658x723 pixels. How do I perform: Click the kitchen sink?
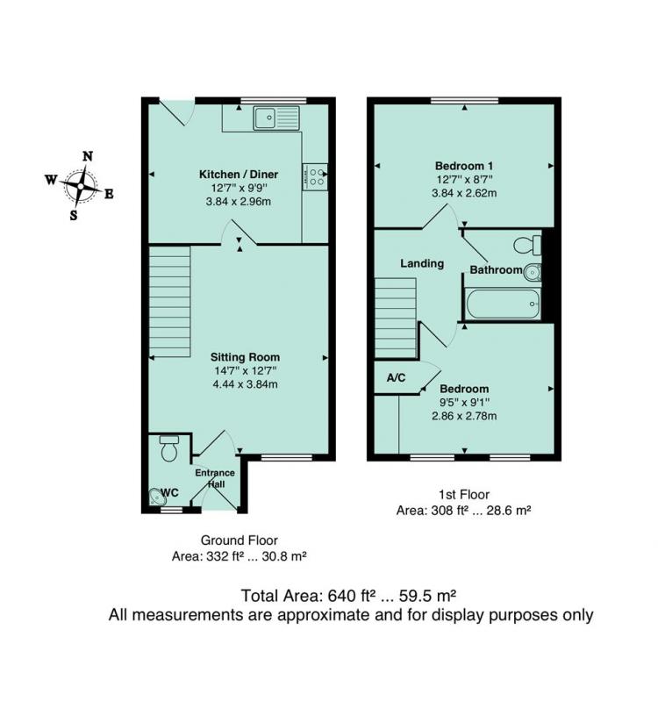coord(275,118)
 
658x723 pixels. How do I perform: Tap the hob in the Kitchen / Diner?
coord(315,176)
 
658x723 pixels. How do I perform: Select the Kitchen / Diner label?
coord(239,175)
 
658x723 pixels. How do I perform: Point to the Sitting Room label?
coord(245,357)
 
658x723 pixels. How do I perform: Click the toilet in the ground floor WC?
coord(168,447)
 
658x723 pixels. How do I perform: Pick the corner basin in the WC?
coord(157,496)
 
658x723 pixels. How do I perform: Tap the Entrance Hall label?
coord(215,478)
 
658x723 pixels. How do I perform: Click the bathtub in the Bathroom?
coord(503,304)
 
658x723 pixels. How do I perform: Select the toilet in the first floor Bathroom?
coord(527,245)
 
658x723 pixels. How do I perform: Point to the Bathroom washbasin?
coord(533,273)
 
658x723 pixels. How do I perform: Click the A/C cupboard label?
coord(396,378)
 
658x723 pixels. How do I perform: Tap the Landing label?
coord(422,263)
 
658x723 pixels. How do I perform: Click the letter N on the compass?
coord(88,156)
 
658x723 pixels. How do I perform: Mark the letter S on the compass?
coord(74,215)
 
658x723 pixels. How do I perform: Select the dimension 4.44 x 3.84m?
coord(246,384)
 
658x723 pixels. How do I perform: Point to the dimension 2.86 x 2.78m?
coord(464,416)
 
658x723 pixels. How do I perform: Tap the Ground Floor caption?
coord(240,540)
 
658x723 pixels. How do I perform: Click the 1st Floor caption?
coord(464,495)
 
